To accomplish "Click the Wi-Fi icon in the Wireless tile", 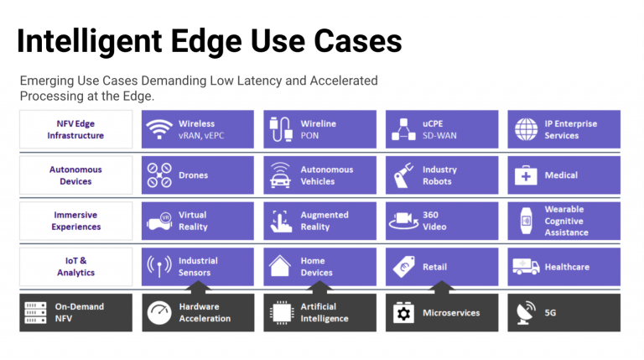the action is point(159,129).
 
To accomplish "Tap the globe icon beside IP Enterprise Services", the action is point(526,129).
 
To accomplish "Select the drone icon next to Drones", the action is point(159,175).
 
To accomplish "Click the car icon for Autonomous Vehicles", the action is point(280,176).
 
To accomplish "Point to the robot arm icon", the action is point(402,175).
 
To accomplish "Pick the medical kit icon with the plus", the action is point(526,175).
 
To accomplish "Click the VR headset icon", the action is point(159,221).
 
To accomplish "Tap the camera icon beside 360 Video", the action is point(403,221).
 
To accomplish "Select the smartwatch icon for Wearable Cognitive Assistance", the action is point(526,221).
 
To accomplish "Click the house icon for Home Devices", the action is point(280,266).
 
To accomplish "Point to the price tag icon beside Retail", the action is point(403,267).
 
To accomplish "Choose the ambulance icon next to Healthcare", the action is point(526,266).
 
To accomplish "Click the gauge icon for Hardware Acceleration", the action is point(159,313).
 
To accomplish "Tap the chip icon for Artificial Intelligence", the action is point(282,313).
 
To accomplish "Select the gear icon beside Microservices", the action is point(403,313).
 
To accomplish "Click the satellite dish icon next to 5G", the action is point(526,313).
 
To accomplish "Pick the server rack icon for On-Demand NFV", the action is point(35,313).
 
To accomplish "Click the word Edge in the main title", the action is point(205,41).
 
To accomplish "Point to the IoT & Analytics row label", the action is point(75,266).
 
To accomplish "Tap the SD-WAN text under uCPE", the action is point(439,136).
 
